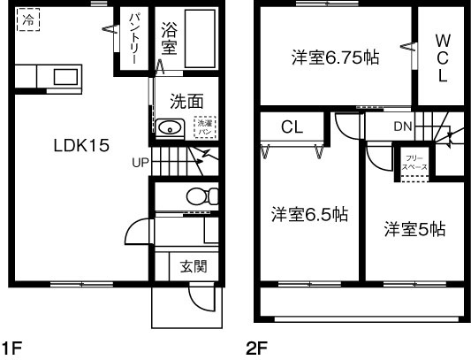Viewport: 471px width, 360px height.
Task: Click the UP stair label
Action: pos(141,163)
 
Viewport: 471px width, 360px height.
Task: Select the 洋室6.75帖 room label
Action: pos(337,58)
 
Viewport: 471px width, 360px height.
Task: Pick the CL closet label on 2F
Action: pos(292,126)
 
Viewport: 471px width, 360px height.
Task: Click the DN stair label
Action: pos(402,126)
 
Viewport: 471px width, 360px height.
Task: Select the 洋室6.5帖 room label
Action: pos(309,215)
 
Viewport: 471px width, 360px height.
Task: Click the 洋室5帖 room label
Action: pos(414,230)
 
